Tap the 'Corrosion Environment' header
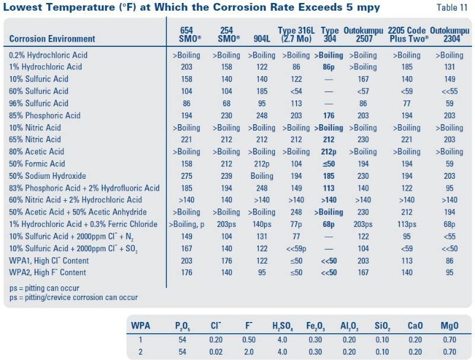click(x=52, y=39)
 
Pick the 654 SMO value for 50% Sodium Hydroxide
click(x=186, y=176)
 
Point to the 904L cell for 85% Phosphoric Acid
click(x=261, y=115)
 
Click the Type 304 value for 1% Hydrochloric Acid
click(x=329, y=67)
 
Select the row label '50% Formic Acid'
click(x=37, y=164)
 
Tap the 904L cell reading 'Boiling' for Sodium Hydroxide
click(x=261, y=176)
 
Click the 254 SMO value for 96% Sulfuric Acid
click(x=226, y=103)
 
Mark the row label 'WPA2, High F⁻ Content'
click(x=47, y=273)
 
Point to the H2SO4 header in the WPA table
click(x=283, y=326)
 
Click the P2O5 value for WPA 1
click(x=181, y=339)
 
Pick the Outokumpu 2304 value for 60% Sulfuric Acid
click(x=449, y=91)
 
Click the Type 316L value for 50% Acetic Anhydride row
click(x=294, y=212)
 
